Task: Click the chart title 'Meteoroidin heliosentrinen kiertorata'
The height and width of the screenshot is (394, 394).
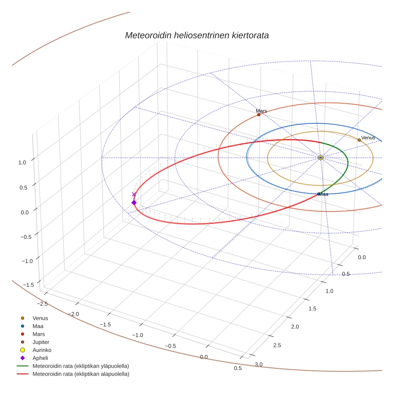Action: click(197, 35)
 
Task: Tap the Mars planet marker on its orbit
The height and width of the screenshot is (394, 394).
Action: click(259, 115)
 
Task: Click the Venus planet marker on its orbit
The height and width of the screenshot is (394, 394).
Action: click(359, 140)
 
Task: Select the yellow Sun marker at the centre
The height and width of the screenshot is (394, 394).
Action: click(320, 158)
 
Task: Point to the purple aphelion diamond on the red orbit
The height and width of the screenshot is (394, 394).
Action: click(134, 203)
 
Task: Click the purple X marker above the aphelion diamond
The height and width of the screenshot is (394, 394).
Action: click(134, 194)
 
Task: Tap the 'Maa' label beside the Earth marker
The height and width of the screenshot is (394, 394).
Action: click(324, 194)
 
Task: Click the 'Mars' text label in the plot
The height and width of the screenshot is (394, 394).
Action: click(261, 111)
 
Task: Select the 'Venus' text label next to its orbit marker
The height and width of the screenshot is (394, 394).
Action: click(368, 138)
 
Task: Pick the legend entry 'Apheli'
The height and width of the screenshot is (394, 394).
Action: click(40, 358)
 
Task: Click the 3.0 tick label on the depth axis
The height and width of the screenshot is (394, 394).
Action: click(259, 364)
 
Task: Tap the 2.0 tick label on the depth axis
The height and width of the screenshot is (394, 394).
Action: click(295, 327)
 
